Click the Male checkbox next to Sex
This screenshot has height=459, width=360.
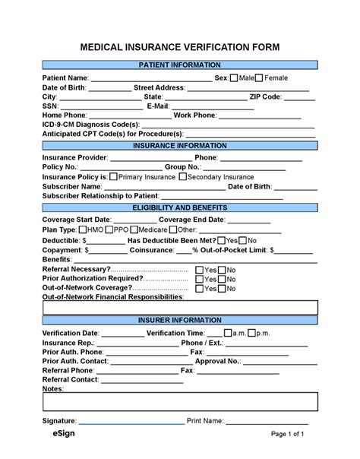click(x=234, y=78)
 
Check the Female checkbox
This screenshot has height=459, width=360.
click(x=259, y=78)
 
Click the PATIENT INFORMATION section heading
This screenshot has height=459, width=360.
click(x=180, y=65)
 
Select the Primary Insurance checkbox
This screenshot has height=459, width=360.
click(x=113, y=176)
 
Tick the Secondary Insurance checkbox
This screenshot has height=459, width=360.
click(x=182, y=176)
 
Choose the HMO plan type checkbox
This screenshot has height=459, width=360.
click(x=83, y=229)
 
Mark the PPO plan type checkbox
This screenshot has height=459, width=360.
click(x=110, y=229)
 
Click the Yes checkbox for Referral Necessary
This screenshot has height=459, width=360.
click(x=200, y=270)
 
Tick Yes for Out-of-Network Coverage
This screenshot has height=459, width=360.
click(x=200, y=289)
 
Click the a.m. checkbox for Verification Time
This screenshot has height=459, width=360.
click(x=249, y=333)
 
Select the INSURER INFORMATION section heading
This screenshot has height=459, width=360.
click(x=180, y=321)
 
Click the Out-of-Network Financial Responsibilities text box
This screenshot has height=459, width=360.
click(x=180, y=307)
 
